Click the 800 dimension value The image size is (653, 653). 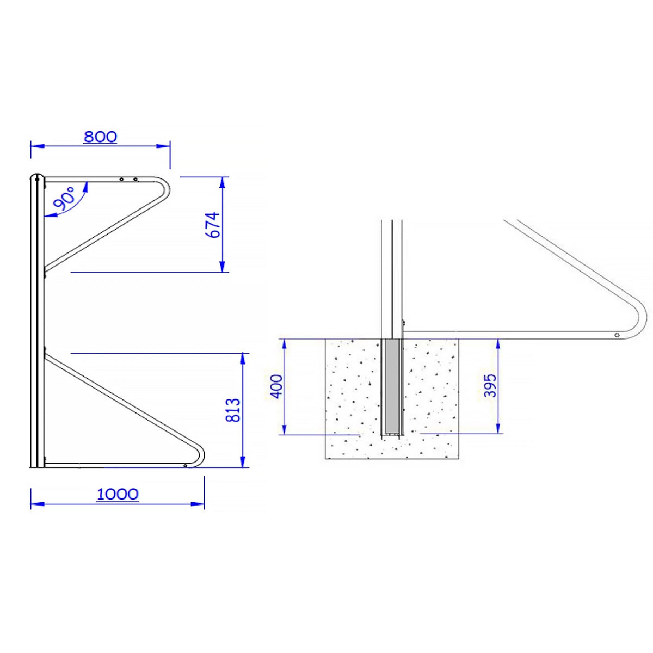click(100, 137)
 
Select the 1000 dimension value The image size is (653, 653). click(118, 495)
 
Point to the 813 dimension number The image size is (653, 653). click(233, 410)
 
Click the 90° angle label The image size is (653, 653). click(65, 201)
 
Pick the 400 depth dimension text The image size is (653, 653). click(276, 387)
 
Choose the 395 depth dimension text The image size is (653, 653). click(490, 385)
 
